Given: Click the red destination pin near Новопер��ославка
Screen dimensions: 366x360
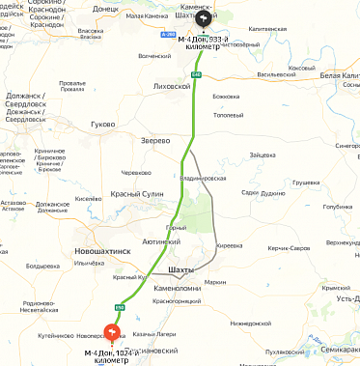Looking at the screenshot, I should coord(111,333).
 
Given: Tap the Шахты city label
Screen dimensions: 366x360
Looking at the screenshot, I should coord(180,269).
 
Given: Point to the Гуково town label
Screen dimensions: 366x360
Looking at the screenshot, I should coord(102,125).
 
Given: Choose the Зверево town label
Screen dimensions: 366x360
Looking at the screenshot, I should coord(156,140).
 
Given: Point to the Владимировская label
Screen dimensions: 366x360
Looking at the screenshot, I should coord(203,178).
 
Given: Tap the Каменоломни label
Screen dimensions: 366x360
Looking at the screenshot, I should coord(176,287).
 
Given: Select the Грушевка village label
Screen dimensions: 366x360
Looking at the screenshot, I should coord(306,182).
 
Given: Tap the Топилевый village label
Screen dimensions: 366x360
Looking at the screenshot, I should coord(228,115).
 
